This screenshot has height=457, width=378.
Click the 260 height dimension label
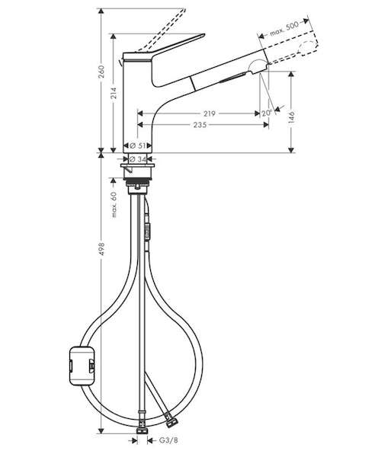pos(101,72)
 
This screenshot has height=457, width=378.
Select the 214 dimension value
pos(114,93)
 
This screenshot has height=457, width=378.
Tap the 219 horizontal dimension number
pos(209,113)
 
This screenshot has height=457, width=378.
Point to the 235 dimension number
pos(200,125)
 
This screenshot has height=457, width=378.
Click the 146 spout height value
pos(291,117)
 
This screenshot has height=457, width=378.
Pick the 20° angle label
pos(267,113)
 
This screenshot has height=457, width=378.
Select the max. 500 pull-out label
pos(284,29)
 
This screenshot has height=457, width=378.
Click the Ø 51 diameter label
pos(137,145)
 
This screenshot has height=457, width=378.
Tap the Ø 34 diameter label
pos(138,159)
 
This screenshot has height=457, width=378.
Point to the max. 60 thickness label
pos(114,204)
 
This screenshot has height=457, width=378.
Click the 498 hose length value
pos(101,249)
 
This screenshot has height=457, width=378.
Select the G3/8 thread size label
pos(168,440)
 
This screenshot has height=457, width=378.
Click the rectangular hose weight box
pos(82,366)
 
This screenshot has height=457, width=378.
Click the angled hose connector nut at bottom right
pos(171,422)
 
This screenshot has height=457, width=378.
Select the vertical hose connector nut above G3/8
pos(142,430)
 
